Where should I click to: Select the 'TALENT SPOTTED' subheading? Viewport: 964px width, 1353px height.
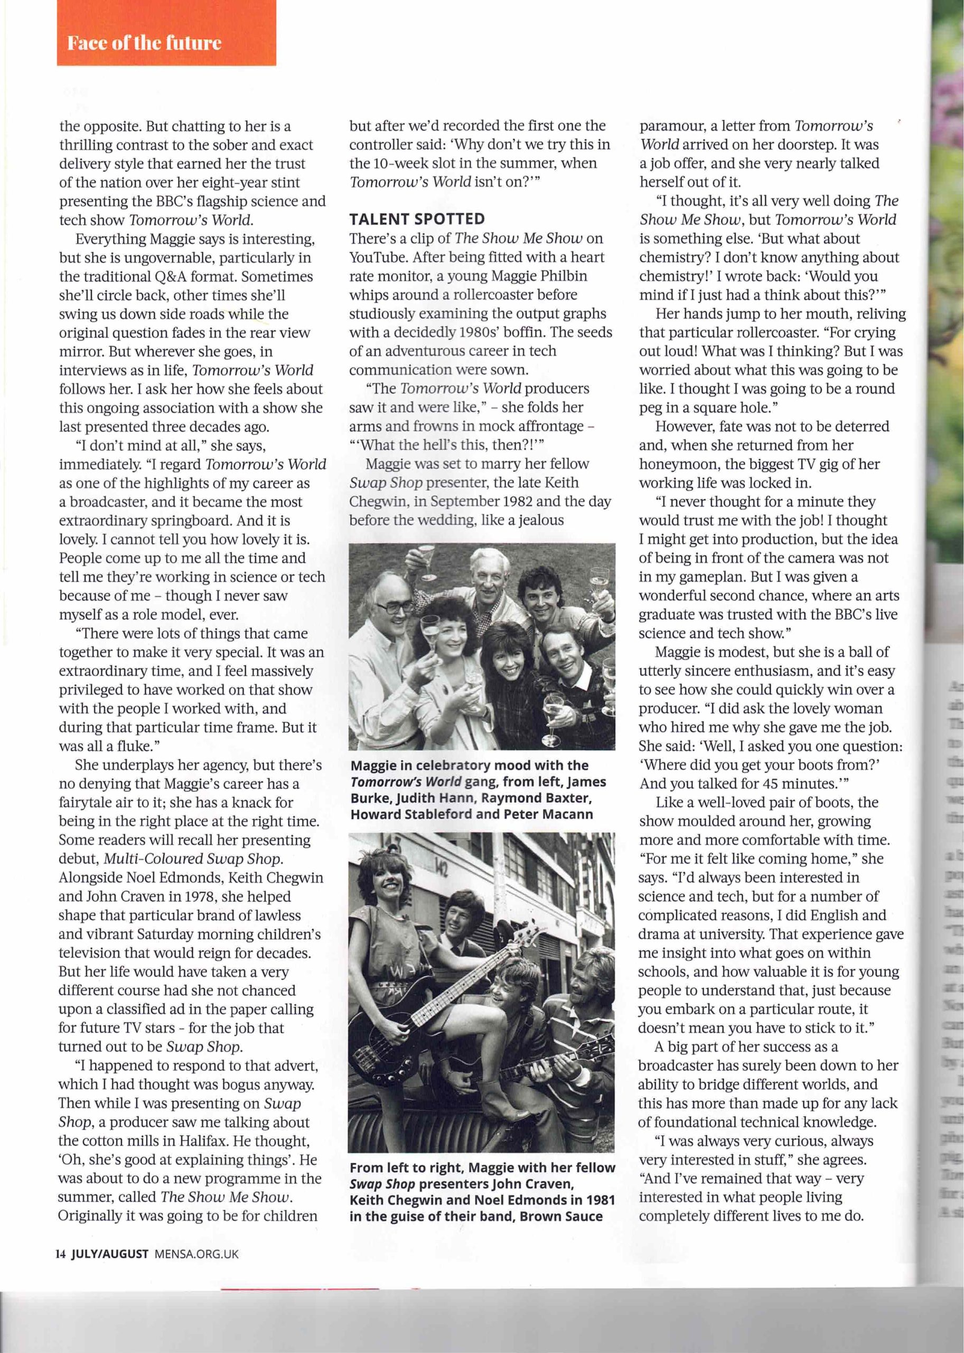[417, 219]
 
